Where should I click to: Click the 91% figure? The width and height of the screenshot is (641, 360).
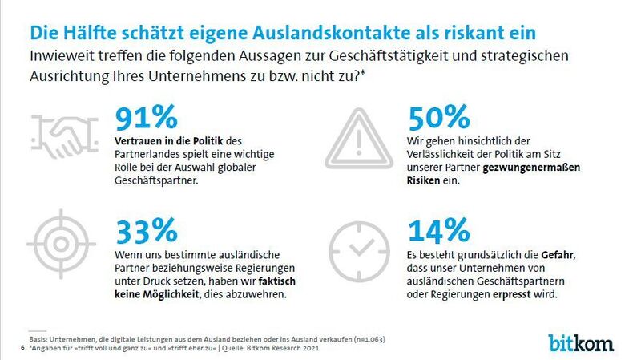click(x=147, y=117)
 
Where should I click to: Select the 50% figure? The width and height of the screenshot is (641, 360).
click(x=439, y=117)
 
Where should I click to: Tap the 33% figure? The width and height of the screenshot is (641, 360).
click(x=147, y=230)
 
